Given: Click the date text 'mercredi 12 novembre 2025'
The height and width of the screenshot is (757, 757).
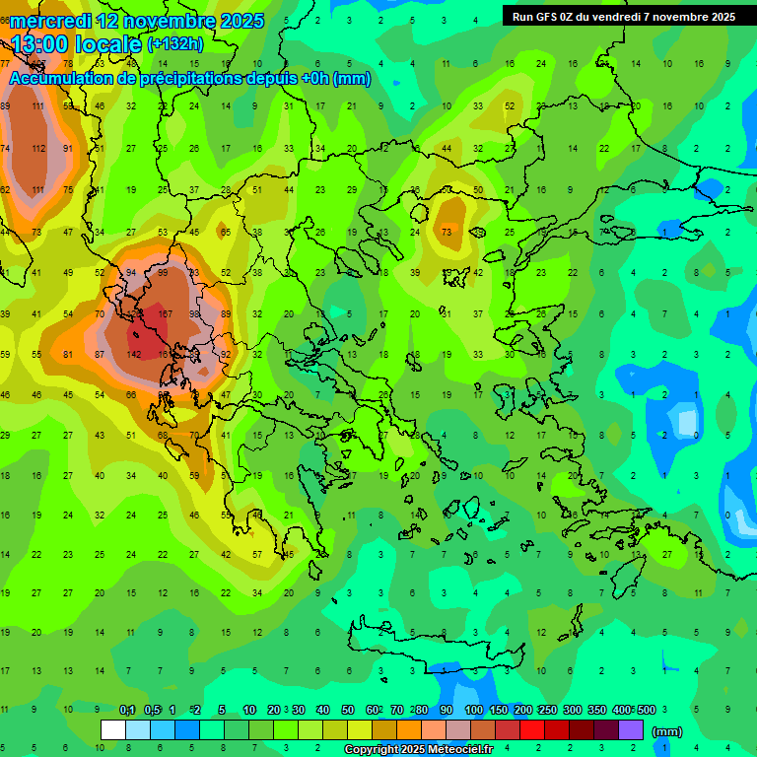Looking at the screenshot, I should click(137, 20).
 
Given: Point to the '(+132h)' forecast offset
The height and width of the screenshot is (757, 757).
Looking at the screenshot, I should click(174, 43).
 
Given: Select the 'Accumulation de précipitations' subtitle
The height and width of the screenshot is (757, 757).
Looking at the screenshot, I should click(190, 79).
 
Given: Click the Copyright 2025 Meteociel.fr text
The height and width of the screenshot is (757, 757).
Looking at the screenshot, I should click(432, 749).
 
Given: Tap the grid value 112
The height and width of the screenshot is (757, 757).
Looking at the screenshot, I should click(38, 148).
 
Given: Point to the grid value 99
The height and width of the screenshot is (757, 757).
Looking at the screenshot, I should click(163, 273).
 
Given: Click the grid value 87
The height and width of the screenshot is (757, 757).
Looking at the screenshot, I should click(100, 354).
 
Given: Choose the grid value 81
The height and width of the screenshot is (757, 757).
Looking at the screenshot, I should click(68, 354).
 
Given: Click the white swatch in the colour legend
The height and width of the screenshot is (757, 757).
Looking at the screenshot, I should click(113, 730).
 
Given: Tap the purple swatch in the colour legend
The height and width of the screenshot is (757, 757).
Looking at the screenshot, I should click(631, 730).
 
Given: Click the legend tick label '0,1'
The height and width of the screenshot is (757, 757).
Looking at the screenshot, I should click(127, 710).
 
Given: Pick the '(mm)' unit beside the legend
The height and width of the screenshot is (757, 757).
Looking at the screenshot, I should click(667, 731).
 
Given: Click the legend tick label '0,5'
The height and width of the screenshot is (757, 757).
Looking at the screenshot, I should click(152, 710).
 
